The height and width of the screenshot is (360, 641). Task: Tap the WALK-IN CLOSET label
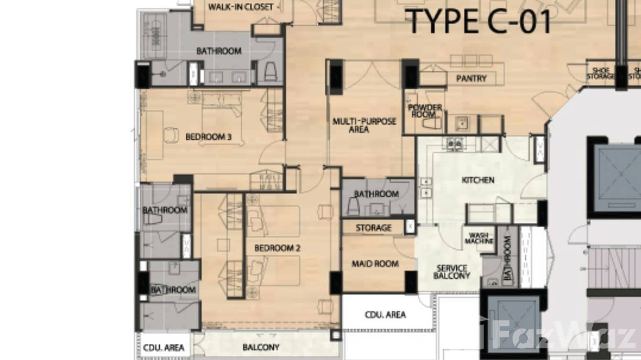pos(241,7)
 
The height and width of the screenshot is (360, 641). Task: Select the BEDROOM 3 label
pos(208,137)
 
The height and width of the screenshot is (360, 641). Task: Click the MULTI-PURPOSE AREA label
pos(364,125)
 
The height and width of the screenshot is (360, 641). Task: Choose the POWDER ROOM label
pos(425,111)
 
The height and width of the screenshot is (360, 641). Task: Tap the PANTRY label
pos(471,78)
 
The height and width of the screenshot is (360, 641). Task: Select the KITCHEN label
pos(478,180)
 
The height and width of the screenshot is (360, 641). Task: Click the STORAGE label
pos(374,228)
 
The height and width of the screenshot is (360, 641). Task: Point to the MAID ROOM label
pos(375,264)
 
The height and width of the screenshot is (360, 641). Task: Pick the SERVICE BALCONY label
pos(451,272)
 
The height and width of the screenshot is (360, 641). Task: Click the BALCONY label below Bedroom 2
pos(261,347)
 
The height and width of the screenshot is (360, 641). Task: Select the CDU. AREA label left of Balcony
pos(164,348)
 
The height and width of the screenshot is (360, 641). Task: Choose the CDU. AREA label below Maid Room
pos(385,315)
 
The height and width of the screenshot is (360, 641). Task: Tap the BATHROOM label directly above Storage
pos(376,194)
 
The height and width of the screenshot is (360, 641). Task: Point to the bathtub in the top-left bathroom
pos(154,35)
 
